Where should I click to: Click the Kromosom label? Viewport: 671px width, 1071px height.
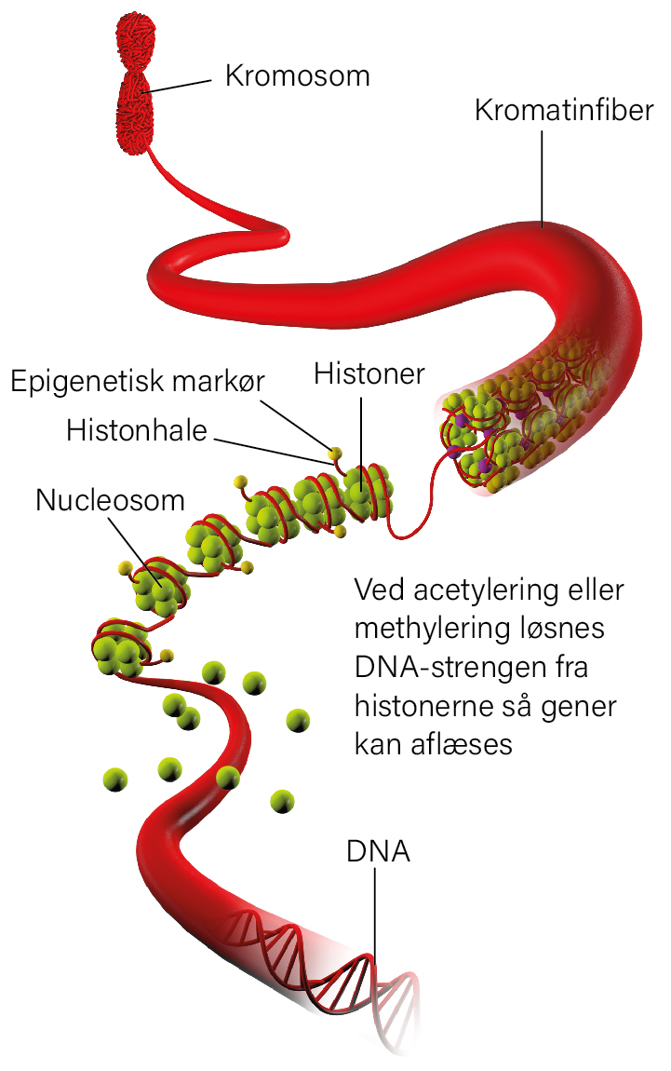coord(297,75)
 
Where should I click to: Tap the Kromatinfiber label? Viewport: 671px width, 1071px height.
coord(564,110)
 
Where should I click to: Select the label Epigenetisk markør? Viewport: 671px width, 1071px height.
coord(137,381)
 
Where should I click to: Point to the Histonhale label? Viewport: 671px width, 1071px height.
coord(137,430)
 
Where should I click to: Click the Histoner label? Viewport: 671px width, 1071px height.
coord(369,373)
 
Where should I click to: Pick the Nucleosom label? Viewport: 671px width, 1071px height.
coord(110,500)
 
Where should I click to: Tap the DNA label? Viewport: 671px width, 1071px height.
coord(378,851)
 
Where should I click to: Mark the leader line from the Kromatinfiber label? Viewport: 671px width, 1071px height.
coord(543,178)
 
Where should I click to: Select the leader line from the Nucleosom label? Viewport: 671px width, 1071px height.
coord(134,549)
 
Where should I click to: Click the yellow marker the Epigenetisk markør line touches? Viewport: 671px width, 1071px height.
coord(334,453)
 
